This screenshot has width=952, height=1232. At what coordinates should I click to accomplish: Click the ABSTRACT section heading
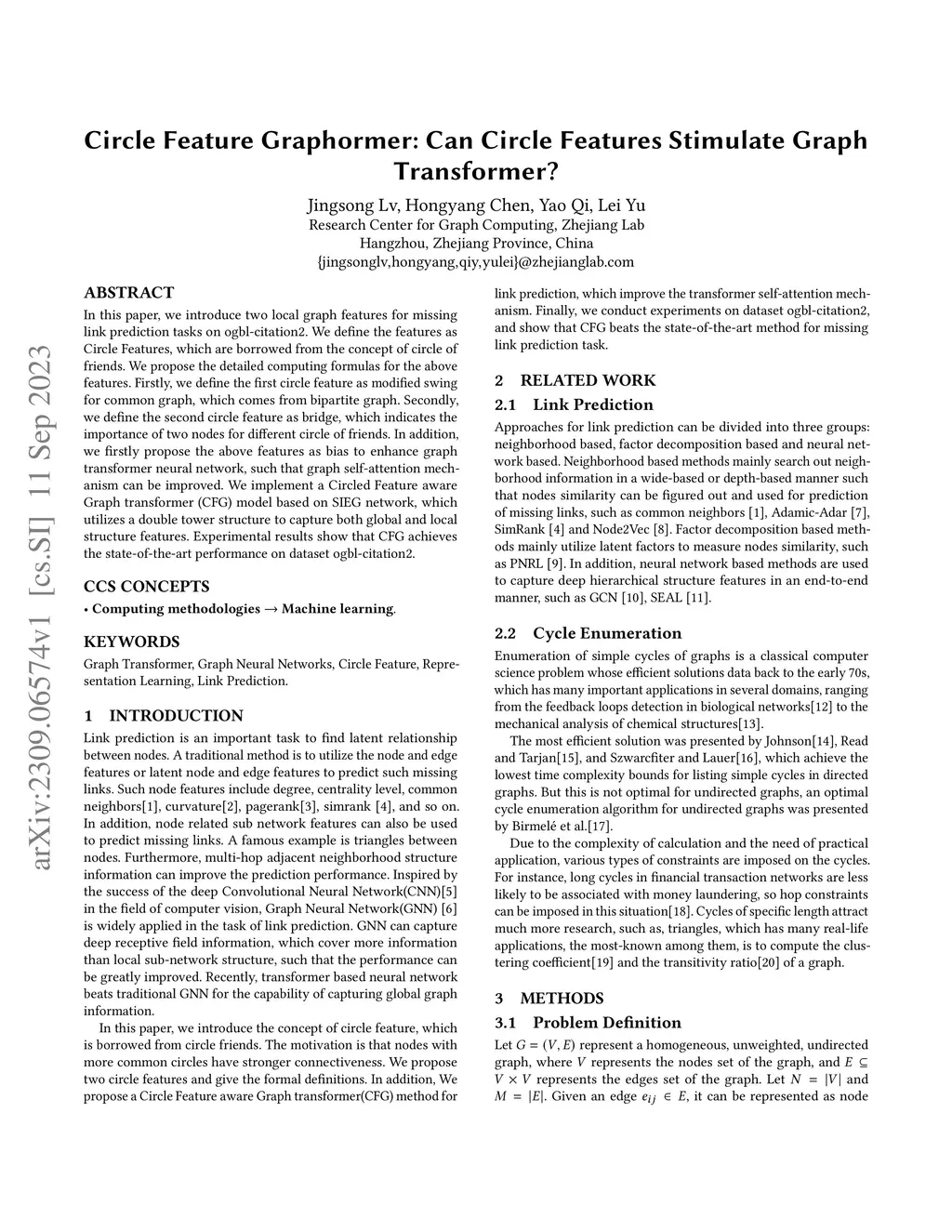(128, 293)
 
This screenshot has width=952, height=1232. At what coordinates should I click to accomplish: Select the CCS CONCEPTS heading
(146, 587)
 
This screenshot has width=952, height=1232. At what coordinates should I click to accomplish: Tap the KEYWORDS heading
(131, 642)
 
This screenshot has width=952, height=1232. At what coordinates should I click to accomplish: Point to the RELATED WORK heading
(575, 380)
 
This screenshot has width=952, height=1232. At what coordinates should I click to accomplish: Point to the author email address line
(476, 262)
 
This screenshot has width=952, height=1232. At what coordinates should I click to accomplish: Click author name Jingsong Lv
(343, 205)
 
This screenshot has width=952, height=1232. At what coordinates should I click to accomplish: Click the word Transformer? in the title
(476, 172)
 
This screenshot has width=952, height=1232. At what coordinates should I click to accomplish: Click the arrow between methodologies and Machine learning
(271, 609)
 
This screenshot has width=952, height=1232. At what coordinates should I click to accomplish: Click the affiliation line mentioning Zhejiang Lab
(476, 225)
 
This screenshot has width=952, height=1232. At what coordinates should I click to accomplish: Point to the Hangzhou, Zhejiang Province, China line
(476, 244)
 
